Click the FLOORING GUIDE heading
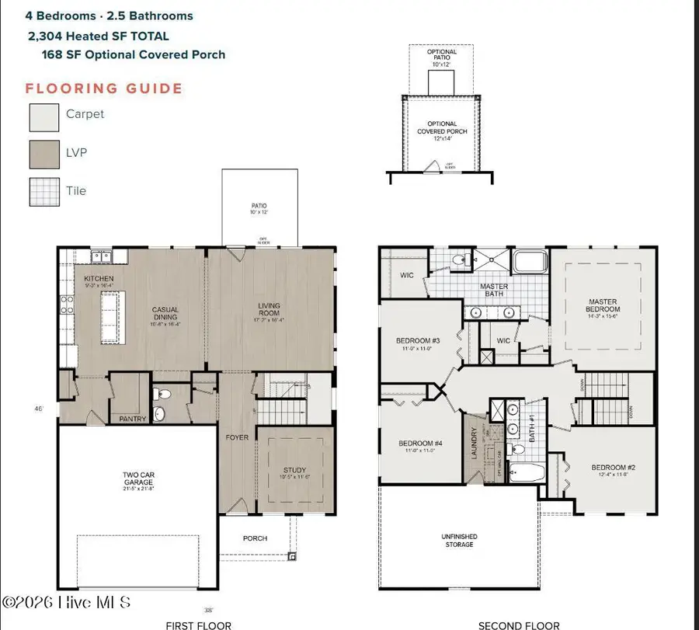point(104,88)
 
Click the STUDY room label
point(295,470)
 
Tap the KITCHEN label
point(99,278)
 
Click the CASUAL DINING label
point(165,313)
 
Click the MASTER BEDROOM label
point(603,305)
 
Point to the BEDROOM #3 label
point(419,341)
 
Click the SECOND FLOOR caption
point(519,625)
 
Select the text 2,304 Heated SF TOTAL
point(98,36)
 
